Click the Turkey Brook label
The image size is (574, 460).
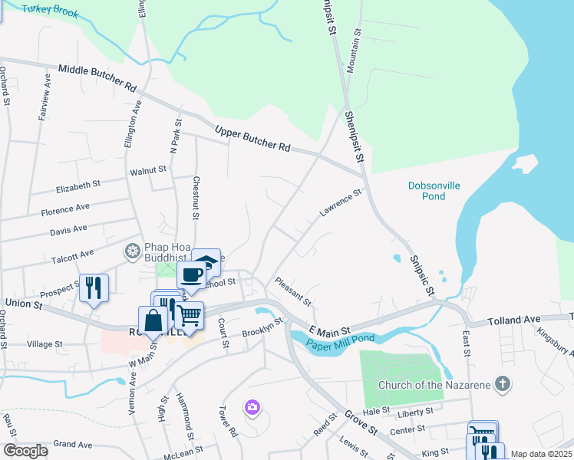click(51, 9)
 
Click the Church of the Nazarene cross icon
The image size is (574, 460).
click(502, 383)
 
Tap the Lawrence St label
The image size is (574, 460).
click(340, 204)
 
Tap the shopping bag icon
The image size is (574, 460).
click(153, 320)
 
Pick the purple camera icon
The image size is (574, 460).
click(252, 406)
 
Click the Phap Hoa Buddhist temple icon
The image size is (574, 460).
click(133, 251)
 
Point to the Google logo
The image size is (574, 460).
click(26, 451)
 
